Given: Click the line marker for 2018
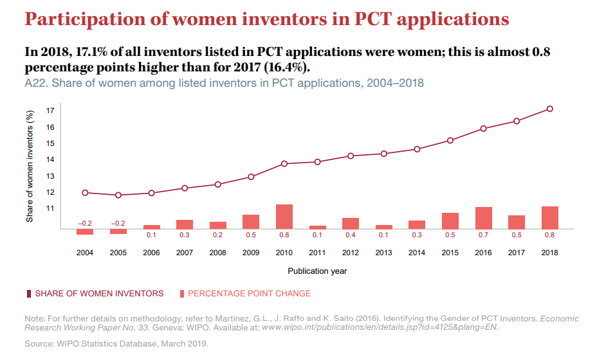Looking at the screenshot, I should pos(549,109).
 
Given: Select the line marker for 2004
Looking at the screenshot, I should pos(85,192).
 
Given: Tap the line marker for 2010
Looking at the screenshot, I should pos(284,163).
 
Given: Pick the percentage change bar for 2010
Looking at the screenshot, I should pos(284,217).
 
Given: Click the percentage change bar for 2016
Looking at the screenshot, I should pos(483,218).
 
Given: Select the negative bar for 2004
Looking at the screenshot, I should pos(85,231).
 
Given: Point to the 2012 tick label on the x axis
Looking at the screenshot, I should pos(351,253).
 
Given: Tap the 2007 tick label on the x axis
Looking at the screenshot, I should pos(185,253).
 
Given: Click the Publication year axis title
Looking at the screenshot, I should pos(317,271).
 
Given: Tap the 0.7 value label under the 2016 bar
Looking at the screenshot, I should pos(483,235).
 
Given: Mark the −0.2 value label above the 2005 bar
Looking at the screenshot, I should pos(118,222).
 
